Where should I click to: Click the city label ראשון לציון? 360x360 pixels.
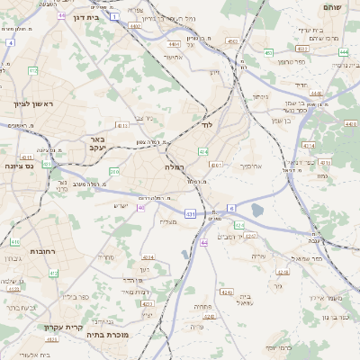(33, 104)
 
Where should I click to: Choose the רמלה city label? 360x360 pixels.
(174, 167)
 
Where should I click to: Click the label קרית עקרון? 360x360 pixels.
(63, 328)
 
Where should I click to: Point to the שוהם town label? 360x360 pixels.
(332, 7)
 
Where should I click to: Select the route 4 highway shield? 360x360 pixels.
(10, 42)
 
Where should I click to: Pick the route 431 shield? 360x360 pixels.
(191, 214)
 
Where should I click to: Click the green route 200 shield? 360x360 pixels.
(114, 171)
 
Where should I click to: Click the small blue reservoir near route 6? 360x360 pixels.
(258, 211)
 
